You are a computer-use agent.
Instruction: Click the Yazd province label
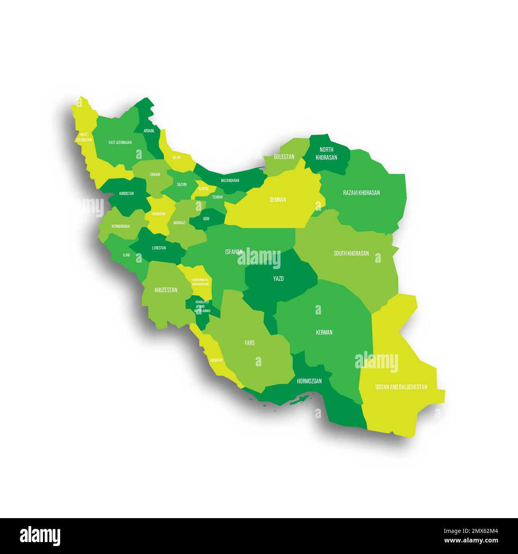click(278, 279)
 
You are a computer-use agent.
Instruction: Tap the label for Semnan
click(278, 200)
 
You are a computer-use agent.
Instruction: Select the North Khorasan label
click(326, 153)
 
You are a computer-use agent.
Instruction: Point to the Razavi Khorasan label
click(361, 193)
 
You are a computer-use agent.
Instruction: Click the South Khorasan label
click(351, 253)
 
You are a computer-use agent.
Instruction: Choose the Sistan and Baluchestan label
click(401, 387)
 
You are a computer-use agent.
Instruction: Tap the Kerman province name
click(324, 332)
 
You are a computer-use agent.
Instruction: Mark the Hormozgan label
click(309, 381)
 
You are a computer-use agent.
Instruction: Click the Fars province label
click(250, 342)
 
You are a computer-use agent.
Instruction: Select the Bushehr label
click(216, 360)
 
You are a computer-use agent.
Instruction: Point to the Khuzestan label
click(166, 290)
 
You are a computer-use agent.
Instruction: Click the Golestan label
click(284, 157)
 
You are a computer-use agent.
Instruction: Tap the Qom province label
click(206, 218)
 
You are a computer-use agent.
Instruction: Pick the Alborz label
click(203, 189)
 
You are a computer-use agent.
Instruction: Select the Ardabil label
click(149, 130)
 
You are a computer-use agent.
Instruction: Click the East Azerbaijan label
click(120, 142)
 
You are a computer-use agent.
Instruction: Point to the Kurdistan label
click(126, 194)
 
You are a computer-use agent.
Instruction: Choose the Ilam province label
click(126, 255)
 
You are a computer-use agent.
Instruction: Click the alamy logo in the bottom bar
click(40, 536)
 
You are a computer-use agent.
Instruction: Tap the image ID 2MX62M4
click(476, 531)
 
